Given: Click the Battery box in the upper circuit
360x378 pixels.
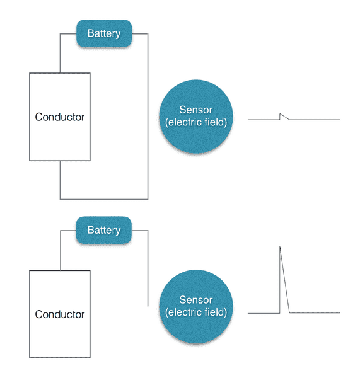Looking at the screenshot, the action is click(x=104, y=33).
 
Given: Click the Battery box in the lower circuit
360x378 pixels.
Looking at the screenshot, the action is click(x=104, y=230).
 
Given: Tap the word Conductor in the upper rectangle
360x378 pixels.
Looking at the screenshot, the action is click(x=60, y=117).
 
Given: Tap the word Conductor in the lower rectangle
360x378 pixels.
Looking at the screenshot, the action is click(x=60, y=314).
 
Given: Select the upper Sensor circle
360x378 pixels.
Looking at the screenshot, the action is click(x=196, y=117).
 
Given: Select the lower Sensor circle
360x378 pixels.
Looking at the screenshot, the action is click(x=196, y=306).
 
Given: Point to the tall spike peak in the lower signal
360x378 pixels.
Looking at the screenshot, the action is click(x=280, y=246).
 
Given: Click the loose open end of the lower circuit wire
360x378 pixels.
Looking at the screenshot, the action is click(x=148, y=306).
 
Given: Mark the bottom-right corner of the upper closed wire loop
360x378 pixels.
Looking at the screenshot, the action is click(x=148, y=199).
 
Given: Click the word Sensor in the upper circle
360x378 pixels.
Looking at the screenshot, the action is click(x=195, y=110).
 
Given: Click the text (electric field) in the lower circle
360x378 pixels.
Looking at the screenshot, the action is click(x=196, y=312).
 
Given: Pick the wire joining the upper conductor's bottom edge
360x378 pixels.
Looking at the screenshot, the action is click(x=60, y=180).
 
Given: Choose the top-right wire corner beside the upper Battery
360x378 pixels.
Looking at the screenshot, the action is click(x=148, y=34).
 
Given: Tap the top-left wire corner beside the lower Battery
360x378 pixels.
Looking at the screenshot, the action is click(x=61, y=231).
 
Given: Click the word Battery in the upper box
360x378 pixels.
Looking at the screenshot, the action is click(x=104, y=33).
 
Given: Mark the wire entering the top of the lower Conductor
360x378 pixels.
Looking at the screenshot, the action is click(x=61, y=251).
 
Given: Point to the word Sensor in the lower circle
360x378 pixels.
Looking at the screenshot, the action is click(x=195, y=300).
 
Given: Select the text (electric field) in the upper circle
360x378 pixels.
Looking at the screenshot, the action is click(x=196, y=122).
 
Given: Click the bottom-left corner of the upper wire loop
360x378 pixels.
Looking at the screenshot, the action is click(x=60, y=199).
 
